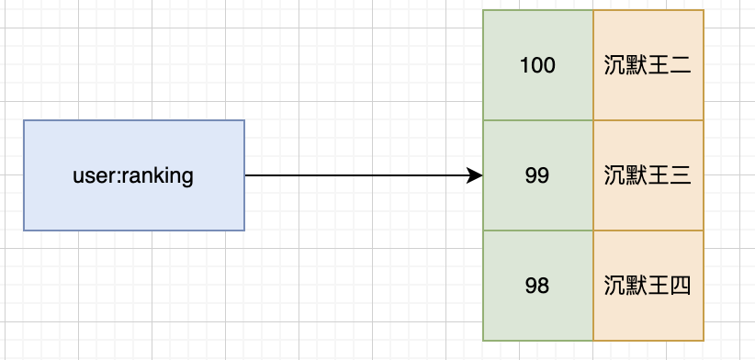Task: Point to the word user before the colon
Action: click(91, 175)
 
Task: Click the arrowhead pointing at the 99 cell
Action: click(476, 175)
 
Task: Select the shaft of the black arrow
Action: click(358, 175)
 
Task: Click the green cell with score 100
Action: click(537, 65)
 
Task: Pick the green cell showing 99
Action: click(537, 175)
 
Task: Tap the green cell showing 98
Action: click(537, 286)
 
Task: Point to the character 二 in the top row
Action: click(681, 65)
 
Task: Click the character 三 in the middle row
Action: click(681, 175)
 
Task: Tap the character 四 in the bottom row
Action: click(681, 286)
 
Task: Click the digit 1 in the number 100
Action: click(524, 65)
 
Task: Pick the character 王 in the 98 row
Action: click(659, 286)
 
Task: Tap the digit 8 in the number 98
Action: click(544, 286)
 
